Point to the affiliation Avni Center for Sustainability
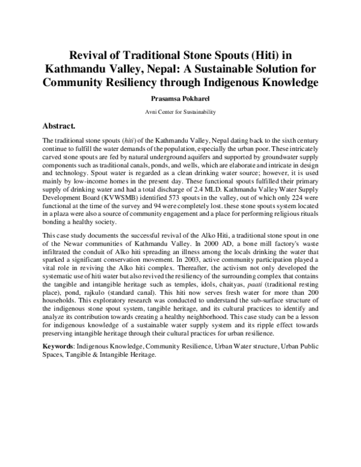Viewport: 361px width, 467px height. click(x=180, y=112)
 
